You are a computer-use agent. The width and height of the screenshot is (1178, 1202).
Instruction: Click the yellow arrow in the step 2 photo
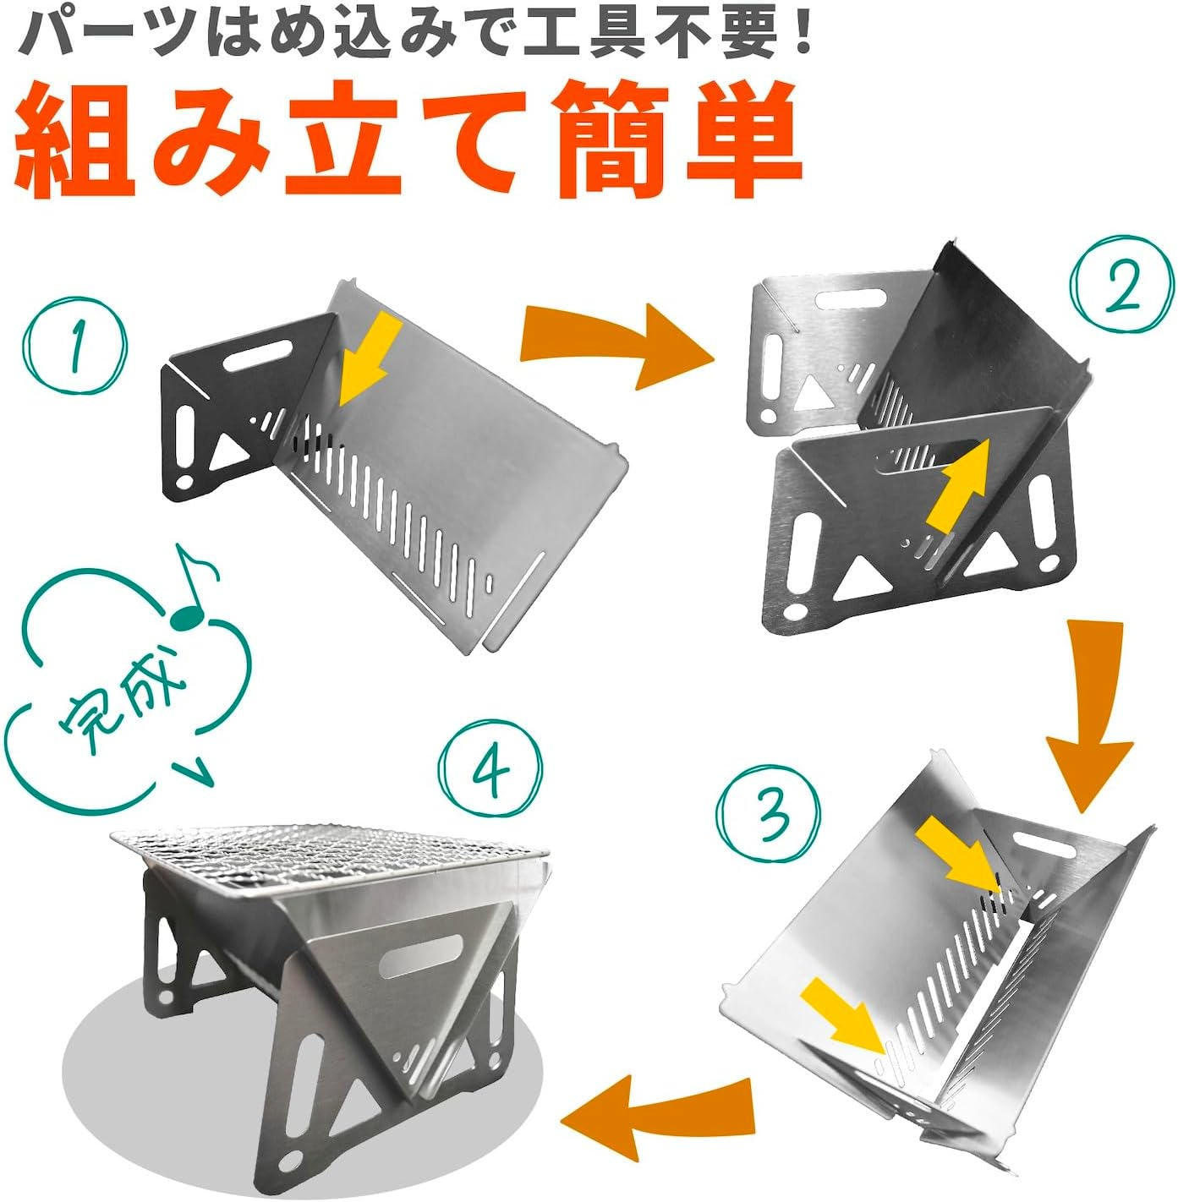point(959,484)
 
